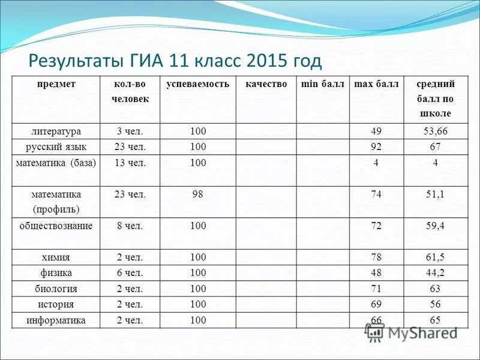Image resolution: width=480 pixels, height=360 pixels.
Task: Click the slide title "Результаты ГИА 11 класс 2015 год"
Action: pyautogui.click(x=176, y=61)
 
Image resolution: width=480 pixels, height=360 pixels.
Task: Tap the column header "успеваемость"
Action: pyautogui.click(x=198, y=84)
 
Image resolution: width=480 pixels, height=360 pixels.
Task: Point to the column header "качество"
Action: pyautogui.click(x=266, y=84)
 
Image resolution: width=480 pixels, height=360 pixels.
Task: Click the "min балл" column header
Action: pyautogui.click(x=323, y=84)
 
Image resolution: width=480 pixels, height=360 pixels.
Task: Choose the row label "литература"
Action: pyautogui.click(x=57, y=131)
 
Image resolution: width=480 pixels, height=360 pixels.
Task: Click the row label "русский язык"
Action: pyautogui.click(x=57, y=146)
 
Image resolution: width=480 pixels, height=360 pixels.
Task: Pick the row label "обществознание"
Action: pyautogui.click(x=57, y=226)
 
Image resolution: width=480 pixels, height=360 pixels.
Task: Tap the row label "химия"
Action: pyautogui.click(x=57, y=258)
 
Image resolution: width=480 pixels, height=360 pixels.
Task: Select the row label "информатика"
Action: pyautogui.click(x=57, y=320)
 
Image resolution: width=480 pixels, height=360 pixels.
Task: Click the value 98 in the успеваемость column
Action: pyautogui.click(x=198, y=194)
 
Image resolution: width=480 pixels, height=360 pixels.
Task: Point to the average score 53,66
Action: pyautogui.click(x=436, y=131)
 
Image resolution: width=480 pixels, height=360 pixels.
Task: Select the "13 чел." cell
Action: pyautogui.click(x=130, y=163)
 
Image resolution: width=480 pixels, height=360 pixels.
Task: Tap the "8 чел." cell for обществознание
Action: pyautogui.click(x=130, y=226)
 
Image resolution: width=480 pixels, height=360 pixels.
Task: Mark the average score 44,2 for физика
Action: pyautogui.click(x=436, y=274)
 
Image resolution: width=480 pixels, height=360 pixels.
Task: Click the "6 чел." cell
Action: pyautogui.click(x=130, y=274)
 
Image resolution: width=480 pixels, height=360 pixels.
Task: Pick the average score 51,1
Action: pyautogui.click(x=436, y=194)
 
